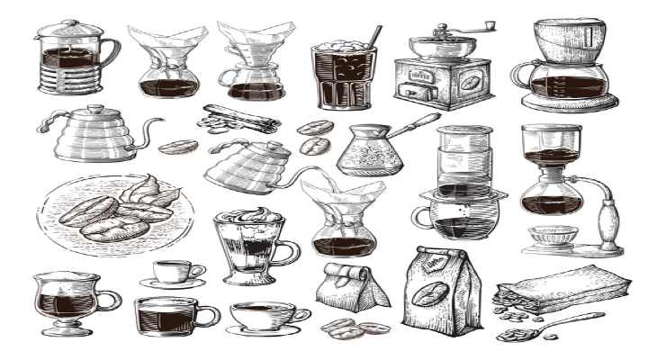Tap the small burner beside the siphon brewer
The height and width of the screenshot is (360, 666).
click(550, 238)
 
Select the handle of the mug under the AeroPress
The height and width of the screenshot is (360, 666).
click(420, 218)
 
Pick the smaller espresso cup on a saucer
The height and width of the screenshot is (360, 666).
click(173, 271)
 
